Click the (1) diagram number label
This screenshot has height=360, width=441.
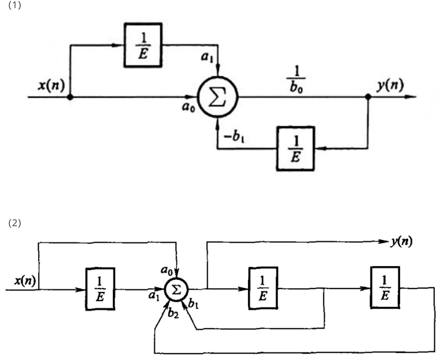pyautogui.click(x=15, y=5)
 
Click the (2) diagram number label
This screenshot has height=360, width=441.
pyautogui.click(x=15, y=223)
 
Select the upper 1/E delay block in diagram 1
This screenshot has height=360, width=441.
pyautogui.click(x=143, y=45)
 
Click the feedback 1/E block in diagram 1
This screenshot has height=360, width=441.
pyautogui.click(x=295, y=148)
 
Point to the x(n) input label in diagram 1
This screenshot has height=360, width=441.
pyautogui.click(x=51, y=85)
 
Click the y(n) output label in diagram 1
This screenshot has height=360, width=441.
pyautogui.click(x=390, y=85)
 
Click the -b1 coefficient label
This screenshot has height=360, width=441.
pyautogui.click(x=234, y=137)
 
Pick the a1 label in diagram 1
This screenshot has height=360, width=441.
pyautogui.click(x=207, y=57)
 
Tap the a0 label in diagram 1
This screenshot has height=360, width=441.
pyautogui.click(x=188, y=107)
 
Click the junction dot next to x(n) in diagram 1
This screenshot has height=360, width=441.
pyautogui.click(x=70, y=97)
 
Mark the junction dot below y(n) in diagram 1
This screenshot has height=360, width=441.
pyautogui.click(x=368, y=97)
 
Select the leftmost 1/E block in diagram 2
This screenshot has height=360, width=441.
pyautogui.click(x=100, y=289)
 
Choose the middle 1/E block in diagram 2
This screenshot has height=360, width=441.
pyautogui.click(x=263, y=288)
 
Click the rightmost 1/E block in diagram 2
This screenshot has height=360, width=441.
pyautogui.click(x=385, y=287)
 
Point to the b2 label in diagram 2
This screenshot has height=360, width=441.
pyautogui.click(x=173, y=313)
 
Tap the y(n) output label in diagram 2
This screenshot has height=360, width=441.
pyautogui.click(x=402, y=242)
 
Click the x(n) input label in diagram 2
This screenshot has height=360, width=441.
pyautogui.click(x=25, y=281)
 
